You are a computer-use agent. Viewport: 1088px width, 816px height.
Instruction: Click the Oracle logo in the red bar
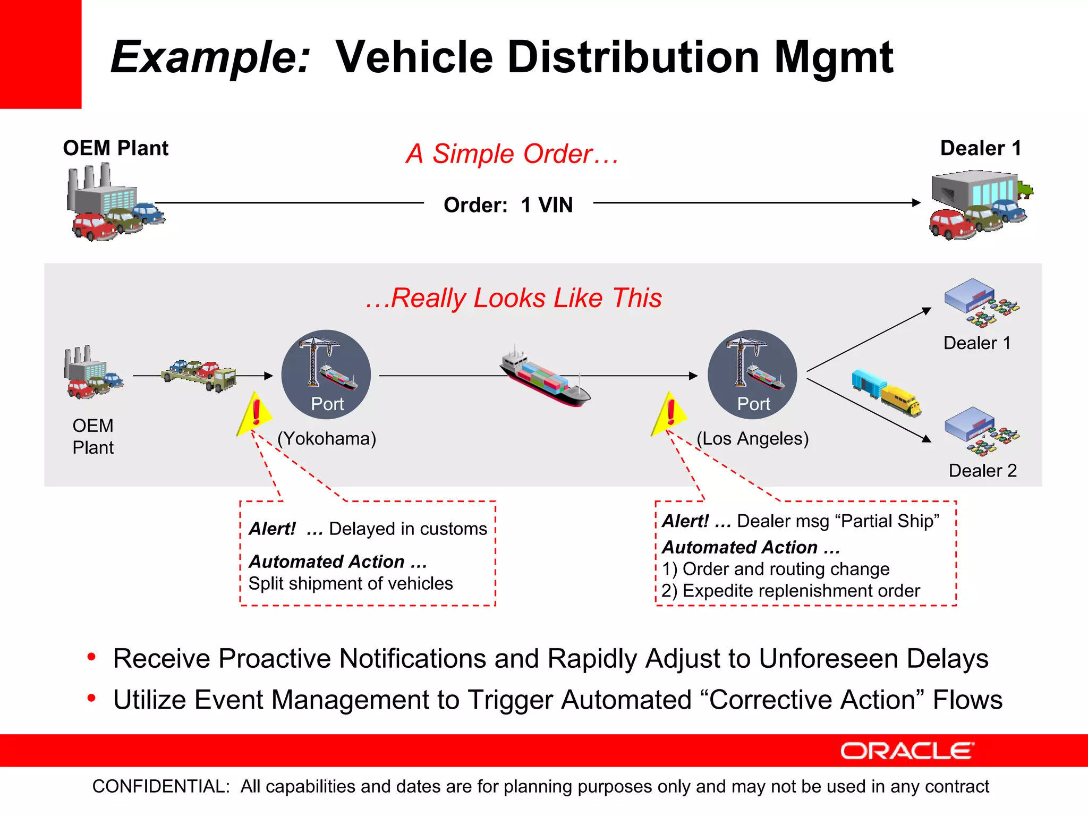coord(907,751)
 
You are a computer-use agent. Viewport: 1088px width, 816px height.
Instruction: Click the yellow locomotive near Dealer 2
coord(900,402)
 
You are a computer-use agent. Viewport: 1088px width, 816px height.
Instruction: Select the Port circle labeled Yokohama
coord(326,374)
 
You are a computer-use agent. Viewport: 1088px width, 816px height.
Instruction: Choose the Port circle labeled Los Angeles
coord(752,374)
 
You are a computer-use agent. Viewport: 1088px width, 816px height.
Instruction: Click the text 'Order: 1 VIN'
coord(508,205)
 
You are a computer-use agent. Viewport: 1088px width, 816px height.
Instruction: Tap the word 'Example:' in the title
coord(210,57)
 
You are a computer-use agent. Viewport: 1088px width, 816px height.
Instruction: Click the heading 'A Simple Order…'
coord(512,154)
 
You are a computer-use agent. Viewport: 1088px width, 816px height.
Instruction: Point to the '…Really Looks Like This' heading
coord(514,298)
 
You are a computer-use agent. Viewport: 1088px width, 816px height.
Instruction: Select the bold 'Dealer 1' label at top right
coord(980,148)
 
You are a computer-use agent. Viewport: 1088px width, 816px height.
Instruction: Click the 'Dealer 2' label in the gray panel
coord(982,471)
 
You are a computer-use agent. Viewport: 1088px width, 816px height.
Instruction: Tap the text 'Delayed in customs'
coord(407,529)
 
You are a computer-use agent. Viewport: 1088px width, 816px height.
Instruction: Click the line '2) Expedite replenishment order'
coord(790,591)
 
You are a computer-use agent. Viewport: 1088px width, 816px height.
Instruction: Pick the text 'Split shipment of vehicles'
coord(351,583)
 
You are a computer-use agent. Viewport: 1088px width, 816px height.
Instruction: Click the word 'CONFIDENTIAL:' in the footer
coord(161,786)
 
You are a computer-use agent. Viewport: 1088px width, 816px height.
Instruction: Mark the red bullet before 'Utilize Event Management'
coord(92,698)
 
